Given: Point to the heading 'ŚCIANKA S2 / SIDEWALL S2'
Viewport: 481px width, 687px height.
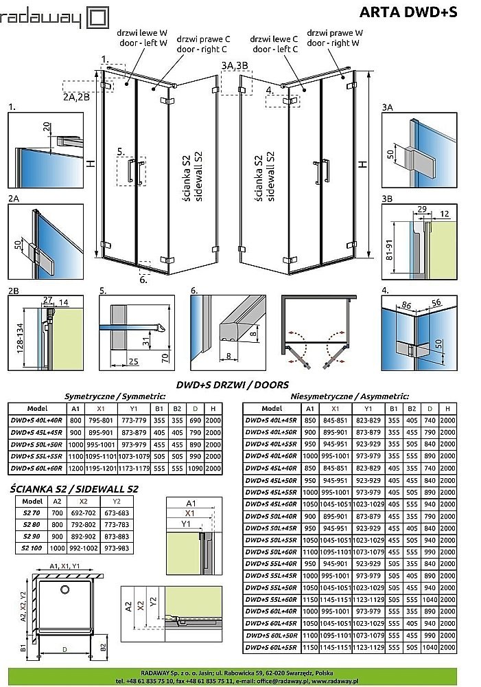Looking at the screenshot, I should pyautogui.click(x=75, y=489).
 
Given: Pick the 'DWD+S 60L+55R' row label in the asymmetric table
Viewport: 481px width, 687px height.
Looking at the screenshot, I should pyautogui.click(x=272, y=648).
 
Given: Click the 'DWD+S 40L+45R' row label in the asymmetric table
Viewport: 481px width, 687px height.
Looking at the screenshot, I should pyautogui.click(x=272, y=420).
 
